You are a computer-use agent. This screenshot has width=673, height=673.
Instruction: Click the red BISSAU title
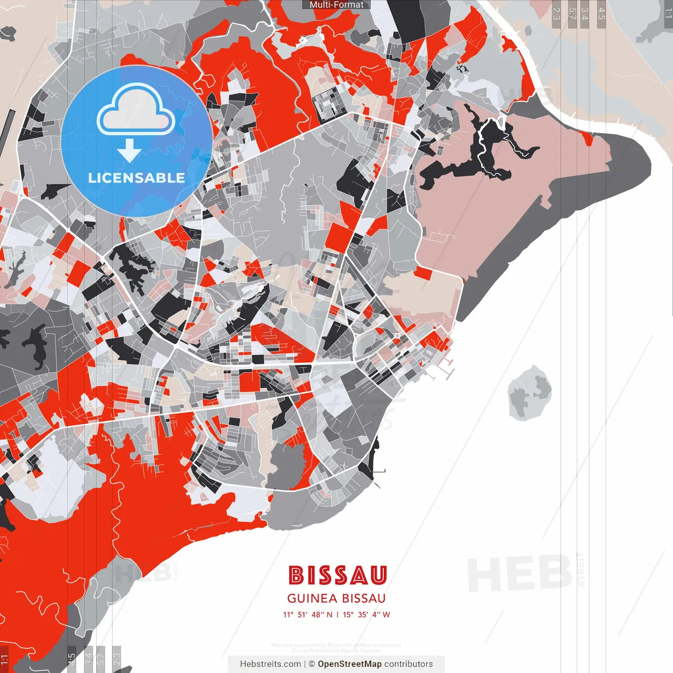(x=337, y=575)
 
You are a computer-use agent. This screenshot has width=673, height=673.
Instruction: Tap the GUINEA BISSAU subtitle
(x=336, y=598)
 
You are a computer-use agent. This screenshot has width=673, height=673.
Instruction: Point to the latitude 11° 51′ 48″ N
(x=308, y=615)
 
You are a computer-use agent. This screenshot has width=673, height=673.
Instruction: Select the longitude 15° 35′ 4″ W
(x=366, y=615)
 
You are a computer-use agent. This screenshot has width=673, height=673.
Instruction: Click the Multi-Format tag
(x=336, y=5)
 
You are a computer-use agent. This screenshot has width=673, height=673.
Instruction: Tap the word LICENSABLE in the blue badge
(x=136, y=178)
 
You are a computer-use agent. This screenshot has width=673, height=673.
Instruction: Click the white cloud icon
(x=136, y=111)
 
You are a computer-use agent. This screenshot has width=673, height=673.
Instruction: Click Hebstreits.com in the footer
(x=270, y=664)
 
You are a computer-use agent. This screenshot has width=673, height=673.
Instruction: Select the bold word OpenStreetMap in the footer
(x=350, y=664)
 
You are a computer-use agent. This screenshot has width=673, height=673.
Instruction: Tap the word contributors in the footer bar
(x=409, y=664)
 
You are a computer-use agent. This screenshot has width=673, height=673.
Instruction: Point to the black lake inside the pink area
(x=473, y=158)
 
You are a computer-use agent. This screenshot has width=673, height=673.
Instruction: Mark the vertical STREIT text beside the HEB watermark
(x=580, y=569)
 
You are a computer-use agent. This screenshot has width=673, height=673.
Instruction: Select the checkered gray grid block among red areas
(x=329, y=102)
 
